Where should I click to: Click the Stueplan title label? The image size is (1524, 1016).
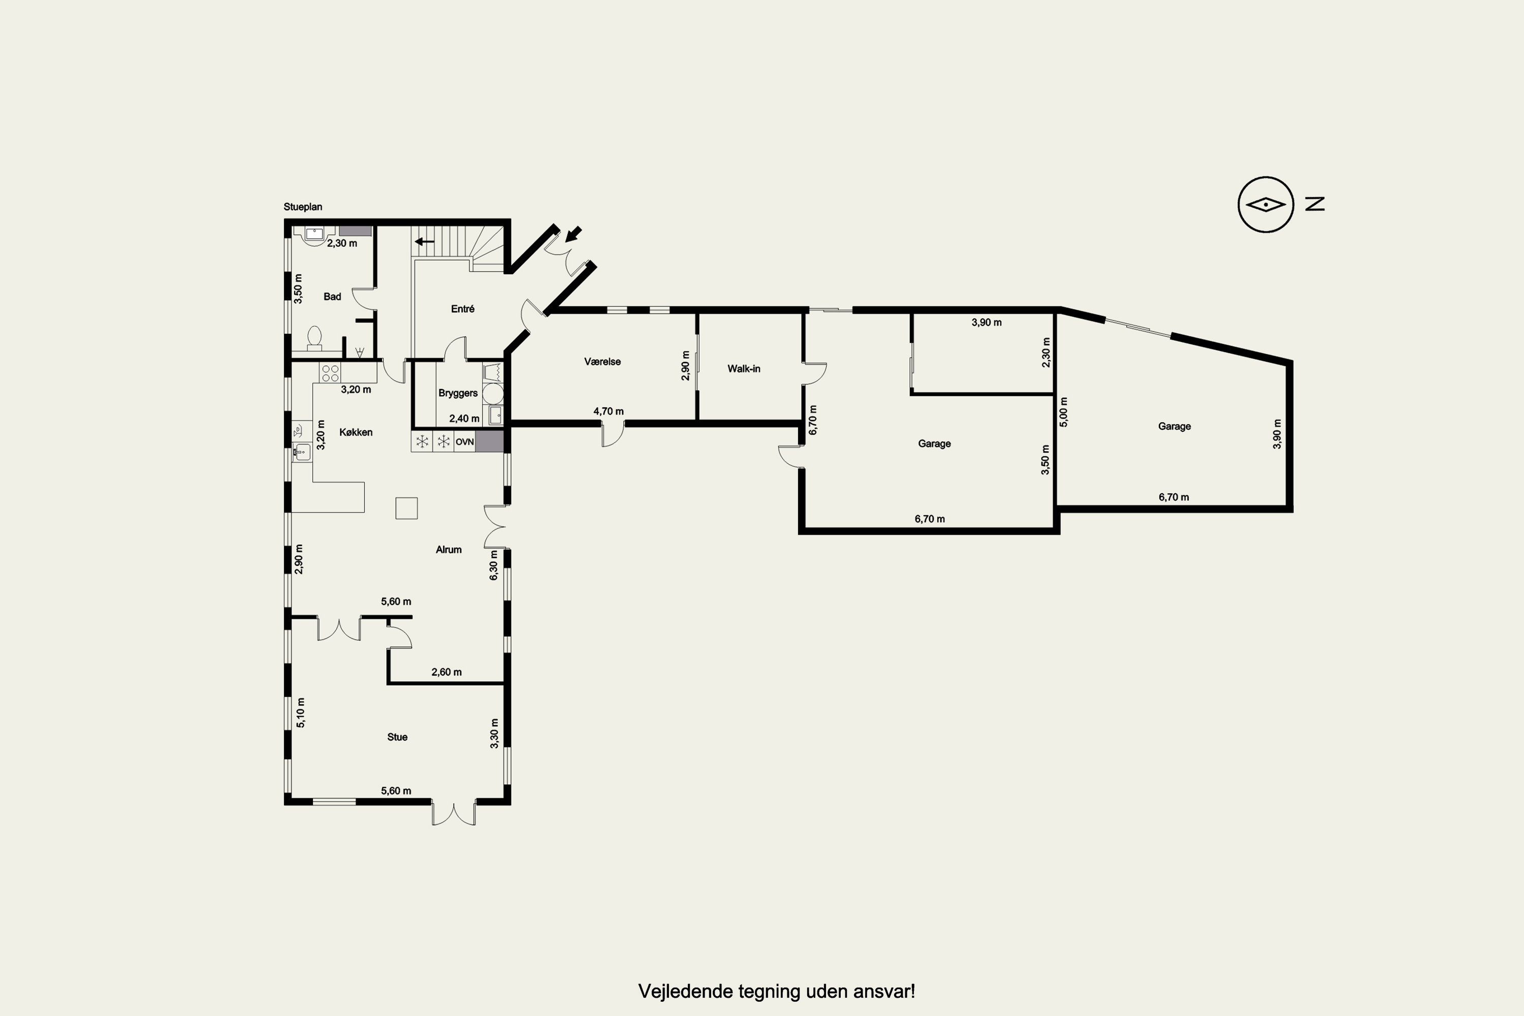[x=303, y=207]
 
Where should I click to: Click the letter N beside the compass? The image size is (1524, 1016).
[x=1315, y=204]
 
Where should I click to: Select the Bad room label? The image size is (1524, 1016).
[x=332, y=297]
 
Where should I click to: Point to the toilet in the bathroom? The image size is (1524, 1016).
[x=314, y=338]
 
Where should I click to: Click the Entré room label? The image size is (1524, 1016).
[x=463, y=309]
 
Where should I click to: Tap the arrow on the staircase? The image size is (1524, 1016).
[x=424, y=242]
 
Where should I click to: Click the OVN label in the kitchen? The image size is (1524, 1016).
[x=465, y=442]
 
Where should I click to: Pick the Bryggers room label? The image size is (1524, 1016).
[x=458, y=393]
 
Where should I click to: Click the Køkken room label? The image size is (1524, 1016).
[x=356, y=432]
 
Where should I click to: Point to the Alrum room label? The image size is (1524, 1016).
[x=449, y=550]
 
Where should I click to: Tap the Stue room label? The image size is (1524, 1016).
[x=397, y=737]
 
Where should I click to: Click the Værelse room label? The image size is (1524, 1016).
[x=602, y=362]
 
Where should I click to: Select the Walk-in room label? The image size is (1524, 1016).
[x=744, y=369]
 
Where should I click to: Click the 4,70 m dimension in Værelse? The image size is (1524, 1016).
[x=609, y=411]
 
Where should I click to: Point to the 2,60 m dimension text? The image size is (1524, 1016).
[x=447, y=672]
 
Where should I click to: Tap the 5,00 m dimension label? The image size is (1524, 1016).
[x=1063, y=411]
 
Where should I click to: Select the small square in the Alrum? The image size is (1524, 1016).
[x=406, y=508]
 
